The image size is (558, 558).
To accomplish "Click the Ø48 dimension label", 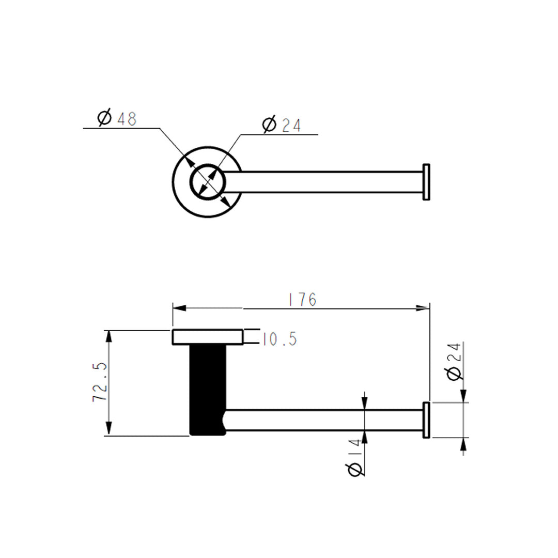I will pyautogui.click(x=117, y=118).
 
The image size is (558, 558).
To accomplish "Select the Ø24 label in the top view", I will pyautogui.click(x=282, y=125).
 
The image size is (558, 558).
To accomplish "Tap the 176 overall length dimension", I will pyautogui.click(x=303, y=300).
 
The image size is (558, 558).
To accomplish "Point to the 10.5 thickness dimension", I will pyautogui.click(x=280, y=339).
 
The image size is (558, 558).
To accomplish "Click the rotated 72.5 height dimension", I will pyautogui.click(x=100, y=382).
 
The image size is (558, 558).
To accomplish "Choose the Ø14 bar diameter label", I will pyautogui.click(x=354, y=458).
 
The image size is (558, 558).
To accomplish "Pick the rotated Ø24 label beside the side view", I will pyautogui.click(x=454, y=361).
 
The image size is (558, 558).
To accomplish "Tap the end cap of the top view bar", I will pyautogui.click(x=426, y=182).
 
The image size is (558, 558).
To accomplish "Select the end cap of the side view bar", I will pyautogui.click(x=426, y=420).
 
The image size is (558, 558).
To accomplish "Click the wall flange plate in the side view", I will pyautogui.click(x=207, y=337).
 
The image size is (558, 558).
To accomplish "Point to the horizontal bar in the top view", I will pyautogui.click(x=326, y=182).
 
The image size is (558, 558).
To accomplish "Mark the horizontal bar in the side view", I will pyautogui.click(x=326, y=420).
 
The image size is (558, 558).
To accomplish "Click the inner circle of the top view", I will pyautogui.click(x=207, y=182).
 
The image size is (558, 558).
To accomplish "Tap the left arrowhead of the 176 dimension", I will pyautogui.click(x=179, y=308).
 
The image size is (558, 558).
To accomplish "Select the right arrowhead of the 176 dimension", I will pyautogui.click(x=423, y=308).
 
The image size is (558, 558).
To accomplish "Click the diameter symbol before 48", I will pyautogui.click(x=104, y=118).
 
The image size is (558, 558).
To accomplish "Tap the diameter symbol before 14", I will pyautogui.click(x=354, y=470).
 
